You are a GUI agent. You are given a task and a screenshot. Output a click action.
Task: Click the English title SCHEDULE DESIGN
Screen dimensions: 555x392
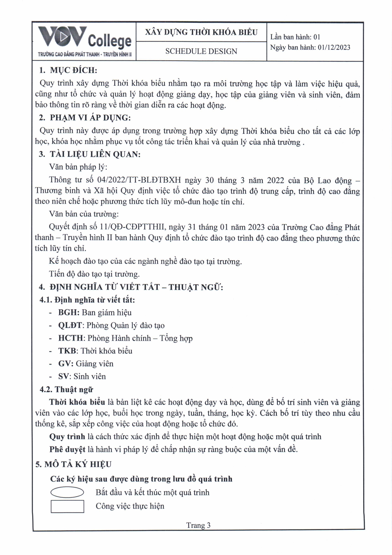(x=201, y=51)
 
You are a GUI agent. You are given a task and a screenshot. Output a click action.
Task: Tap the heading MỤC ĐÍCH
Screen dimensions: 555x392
(x=73, y=70)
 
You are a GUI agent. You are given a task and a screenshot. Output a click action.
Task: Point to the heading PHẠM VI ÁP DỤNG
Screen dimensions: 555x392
(x=90, y=118)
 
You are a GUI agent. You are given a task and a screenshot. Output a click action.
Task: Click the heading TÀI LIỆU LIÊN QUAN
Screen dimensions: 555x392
(x=95, y=154)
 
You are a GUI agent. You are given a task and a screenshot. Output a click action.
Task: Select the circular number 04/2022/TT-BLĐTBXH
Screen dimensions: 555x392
(x=139, y=180)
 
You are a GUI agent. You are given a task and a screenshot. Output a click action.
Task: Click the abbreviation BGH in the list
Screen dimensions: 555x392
(x=69, y=313)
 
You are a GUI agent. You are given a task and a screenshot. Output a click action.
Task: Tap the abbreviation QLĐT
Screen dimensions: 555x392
(x=70, y=325)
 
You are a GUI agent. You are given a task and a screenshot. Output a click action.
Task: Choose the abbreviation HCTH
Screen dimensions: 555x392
(x=70, y=338)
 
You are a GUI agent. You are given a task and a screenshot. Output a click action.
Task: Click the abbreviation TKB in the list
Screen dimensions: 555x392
(x=67, y=351)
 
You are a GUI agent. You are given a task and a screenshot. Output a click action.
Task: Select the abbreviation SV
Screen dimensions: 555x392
(x=64, y=377)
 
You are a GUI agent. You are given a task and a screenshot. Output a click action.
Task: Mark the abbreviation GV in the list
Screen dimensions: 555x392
(x=65, y=364)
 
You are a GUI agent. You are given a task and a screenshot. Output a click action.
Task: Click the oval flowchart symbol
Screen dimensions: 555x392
(x=67, y=492)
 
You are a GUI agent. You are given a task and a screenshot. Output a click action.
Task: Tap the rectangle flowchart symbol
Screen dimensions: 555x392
(x=67, y=506)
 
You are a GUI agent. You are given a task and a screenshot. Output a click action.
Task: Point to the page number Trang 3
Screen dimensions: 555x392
(x=198, y=525)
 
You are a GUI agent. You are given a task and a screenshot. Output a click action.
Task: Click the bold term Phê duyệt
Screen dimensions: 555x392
(x=67, y=449)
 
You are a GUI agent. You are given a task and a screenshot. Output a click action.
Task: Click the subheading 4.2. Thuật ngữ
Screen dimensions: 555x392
(x=66, y=389)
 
